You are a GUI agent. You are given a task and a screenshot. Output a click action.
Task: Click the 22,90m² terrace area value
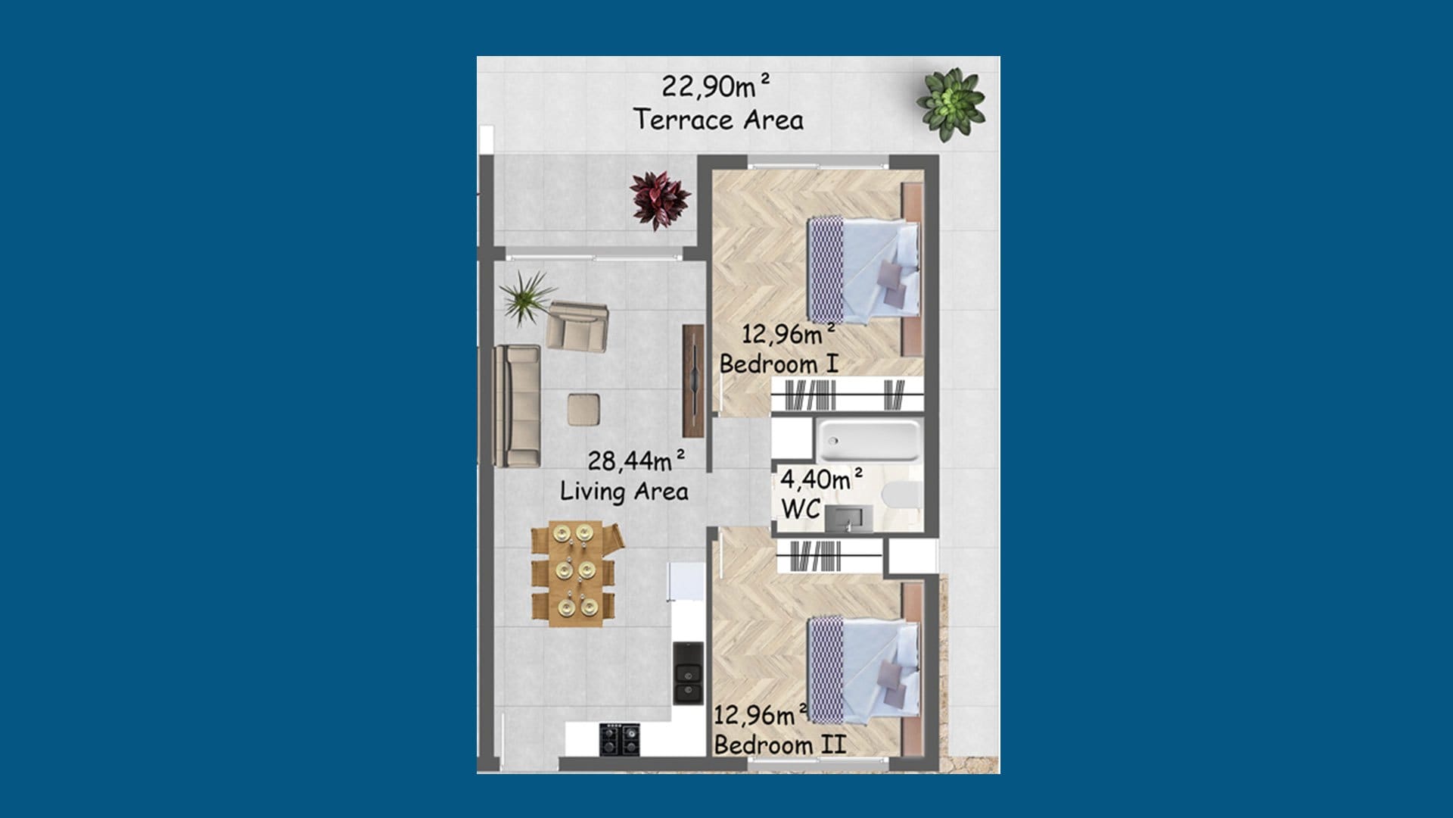[716, 86]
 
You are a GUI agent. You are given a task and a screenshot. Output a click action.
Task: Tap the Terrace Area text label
[718, 120]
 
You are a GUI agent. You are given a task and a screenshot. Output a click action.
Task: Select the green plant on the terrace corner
[950, 105]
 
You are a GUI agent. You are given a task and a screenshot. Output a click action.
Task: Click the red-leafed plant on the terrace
[660, 199]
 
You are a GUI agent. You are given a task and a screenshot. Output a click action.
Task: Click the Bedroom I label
[779, 364]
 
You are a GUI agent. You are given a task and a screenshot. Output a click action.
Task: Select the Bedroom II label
[779, 745]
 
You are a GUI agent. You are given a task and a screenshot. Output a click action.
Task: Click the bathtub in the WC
[869, 441]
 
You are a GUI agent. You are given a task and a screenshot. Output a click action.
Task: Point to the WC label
[801, 509]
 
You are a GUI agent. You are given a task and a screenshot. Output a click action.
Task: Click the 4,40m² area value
[821, 479]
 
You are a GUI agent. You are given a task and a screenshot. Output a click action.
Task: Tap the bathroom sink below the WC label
[848, 519]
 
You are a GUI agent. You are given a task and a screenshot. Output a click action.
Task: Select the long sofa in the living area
[518, 406]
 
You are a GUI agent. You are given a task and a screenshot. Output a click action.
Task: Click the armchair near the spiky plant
[577, 326]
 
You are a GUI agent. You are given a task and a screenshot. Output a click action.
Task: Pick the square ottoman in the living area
[585, 410]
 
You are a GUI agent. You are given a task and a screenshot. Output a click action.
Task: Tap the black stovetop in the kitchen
[620, 739]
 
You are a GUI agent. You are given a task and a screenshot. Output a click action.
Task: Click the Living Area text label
[624, 492]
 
